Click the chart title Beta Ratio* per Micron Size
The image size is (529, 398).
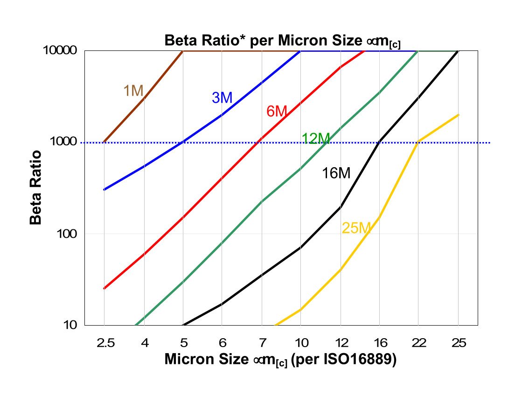pos(283,41)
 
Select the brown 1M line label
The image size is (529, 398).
pos(133,91)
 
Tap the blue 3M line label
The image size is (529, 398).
pos(222,98)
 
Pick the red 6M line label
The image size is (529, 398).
pos(277,111)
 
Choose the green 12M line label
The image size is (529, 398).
pos(316,138)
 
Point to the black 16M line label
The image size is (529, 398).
pos(336,173)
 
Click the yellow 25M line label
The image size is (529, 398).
pos(356,228)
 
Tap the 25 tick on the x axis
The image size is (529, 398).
pos(458,343)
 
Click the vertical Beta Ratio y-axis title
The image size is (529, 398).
pos(36,187)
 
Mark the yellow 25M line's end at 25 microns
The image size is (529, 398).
pos(459,115)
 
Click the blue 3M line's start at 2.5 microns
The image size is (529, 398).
pos(104,190)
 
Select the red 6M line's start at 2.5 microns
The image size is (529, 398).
pos(104,289)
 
